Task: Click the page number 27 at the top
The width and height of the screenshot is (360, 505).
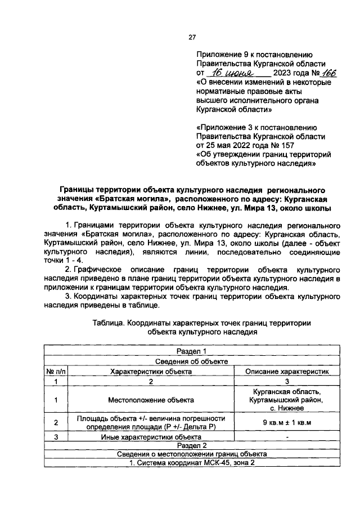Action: (x=191, y=37)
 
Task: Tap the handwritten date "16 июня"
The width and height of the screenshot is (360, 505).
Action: (x=231, y=73)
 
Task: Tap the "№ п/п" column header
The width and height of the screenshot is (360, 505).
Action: (x=56, y=371)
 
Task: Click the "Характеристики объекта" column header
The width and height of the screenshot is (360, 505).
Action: (x=151, y=371)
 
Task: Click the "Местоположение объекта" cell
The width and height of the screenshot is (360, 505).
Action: (x=151, y=400)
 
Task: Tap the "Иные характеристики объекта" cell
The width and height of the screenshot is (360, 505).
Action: (x=151, y=436)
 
